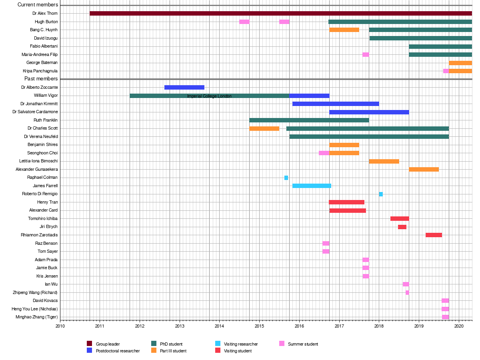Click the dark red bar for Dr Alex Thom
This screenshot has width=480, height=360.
point(280,14)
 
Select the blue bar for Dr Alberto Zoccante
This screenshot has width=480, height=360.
point(184,87)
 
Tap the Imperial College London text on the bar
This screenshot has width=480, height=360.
point(209,96)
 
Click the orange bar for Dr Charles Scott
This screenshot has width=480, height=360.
point(264,128)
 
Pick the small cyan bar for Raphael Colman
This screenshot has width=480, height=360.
point(286,178)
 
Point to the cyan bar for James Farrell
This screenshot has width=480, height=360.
point(312,186)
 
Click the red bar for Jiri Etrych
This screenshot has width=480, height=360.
point(402,227)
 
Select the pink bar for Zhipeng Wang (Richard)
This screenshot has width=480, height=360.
point(407,292)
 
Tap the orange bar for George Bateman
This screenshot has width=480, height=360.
point(460,63)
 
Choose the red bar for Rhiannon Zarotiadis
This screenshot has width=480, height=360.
point(434,235)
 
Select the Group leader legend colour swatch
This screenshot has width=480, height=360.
point(90,344)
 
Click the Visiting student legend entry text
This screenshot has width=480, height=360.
point(238,351)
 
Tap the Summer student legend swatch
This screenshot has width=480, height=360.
point(282,344)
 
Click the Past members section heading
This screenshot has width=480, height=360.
point(41,79)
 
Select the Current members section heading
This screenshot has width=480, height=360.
point(38,5)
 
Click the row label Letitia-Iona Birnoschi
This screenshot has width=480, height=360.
point(38,161)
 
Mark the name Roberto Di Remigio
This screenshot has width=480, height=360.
point(40,194)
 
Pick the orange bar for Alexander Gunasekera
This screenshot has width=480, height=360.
point(424,169)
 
